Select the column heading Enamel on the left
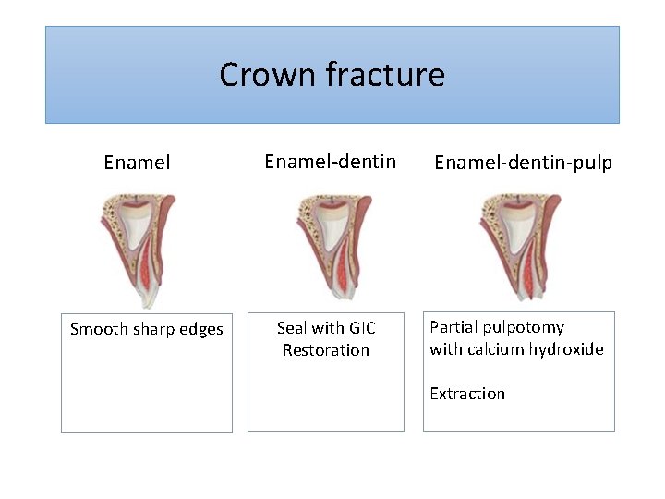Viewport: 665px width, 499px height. tap(137, 163)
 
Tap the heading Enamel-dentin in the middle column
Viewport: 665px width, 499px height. tap(330, 162)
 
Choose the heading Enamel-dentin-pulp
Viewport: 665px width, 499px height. tap(523, 163)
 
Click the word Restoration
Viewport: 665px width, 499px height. tap(326, 350)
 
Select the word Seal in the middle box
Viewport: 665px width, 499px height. tap(292, 328)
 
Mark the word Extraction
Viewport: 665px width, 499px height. tap(467, 394)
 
